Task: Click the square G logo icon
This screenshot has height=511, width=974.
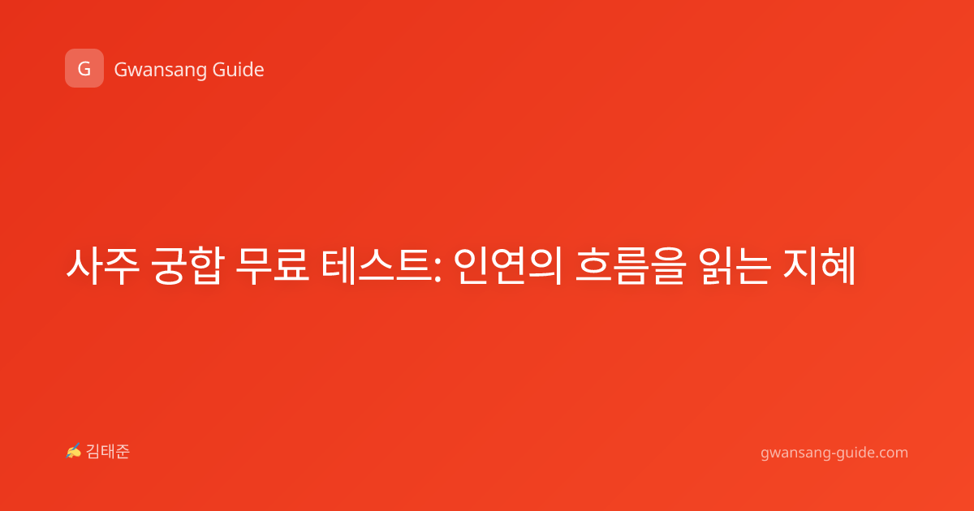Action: pyautogui.click(x=84, y=68)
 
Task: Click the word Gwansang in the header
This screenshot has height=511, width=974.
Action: pyautogui.click(x=161, y=71)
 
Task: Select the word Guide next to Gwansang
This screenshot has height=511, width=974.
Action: pyautogui.click(x=239, y=70)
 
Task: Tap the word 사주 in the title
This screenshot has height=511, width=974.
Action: pyautogui.click(x=102, y=266)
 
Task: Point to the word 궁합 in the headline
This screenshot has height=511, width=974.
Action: pyautogui.click(x=187, y=266)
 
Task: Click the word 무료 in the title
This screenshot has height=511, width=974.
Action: pyautogui.click(x=273, y=266)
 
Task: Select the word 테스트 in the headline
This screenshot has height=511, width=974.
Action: pyautogui.click(x=377, y=266)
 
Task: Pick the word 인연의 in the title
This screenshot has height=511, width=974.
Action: pyautogui.click(x=508, y=266)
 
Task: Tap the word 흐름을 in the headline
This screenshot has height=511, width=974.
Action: pyautogui.click(x=631, y=266)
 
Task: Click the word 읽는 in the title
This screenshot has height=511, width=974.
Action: pyautogui.click(x=735, y=266)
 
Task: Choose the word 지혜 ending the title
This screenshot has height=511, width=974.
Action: pyautogui.click(x=819, y=266)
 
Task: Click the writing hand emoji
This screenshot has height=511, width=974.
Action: pyautogui.click(x=74, y=451)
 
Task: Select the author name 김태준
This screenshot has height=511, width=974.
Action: pyautogui.click(x=108, y=452)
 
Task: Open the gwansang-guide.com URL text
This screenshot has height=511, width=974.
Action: pyautogui.click(x=834, y=453)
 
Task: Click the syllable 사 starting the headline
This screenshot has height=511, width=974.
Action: pyautogui.click(x=84, y=266)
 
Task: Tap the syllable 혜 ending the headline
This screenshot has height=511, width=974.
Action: pyautogui.click(x=838, y=266)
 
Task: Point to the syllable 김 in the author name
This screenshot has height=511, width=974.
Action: pyautogui.click(x=93, y=452)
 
